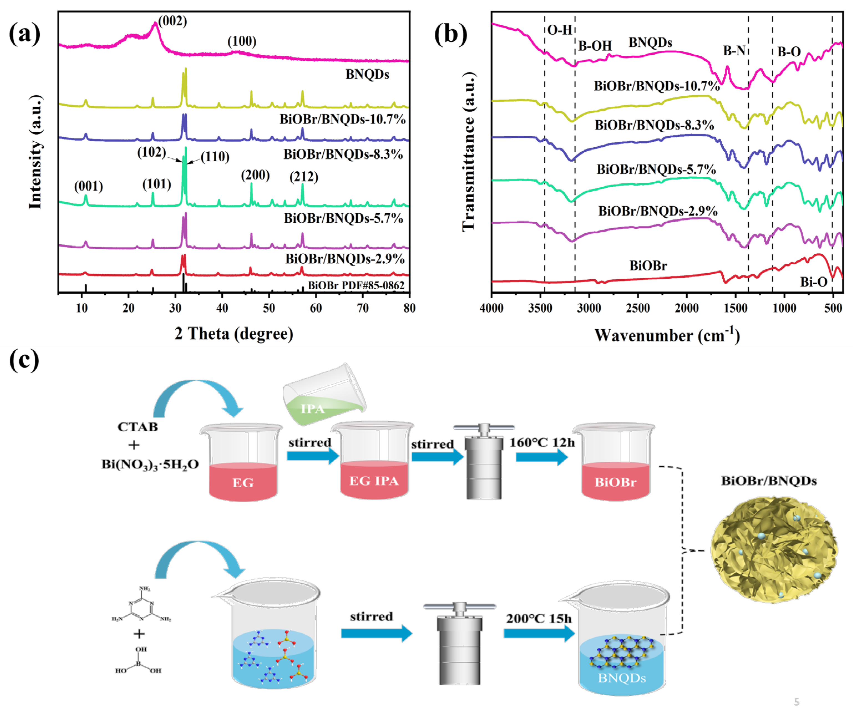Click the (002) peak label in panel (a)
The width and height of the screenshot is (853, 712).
click(x=173, y=21)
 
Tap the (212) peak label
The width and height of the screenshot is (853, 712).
click(x=304, y=177)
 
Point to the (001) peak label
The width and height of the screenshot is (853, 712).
click(x=88, y=186)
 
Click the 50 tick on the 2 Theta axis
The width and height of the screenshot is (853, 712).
click(x=269, y=308)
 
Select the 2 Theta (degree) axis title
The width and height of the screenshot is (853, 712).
click(x=234, y=334)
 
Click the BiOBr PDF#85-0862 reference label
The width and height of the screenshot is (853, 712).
click(x=356, y=285)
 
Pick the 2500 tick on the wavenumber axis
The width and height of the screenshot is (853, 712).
click(x=638, y=308)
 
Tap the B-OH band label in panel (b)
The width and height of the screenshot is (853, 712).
click(x=595, y=46)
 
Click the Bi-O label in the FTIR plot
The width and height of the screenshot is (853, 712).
click(x=814, y=282)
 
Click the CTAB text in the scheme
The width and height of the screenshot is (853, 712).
click(x=138, y=427)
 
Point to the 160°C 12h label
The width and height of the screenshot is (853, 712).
click(x=542, y=442)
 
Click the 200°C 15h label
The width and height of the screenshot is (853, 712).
click(x=539, y=619)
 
